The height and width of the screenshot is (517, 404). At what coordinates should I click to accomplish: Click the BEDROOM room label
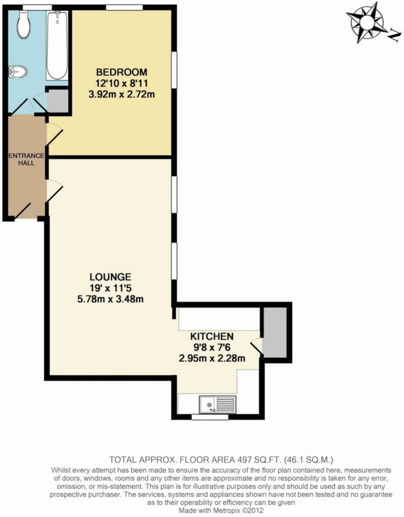(x=121, y=72)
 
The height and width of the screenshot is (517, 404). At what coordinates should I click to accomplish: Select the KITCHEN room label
(x=212, y=336)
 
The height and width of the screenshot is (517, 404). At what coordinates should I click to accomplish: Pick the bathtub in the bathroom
(x=56, y=46)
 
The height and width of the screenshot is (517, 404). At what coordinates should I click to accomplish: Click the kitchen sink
(x=217, y=405)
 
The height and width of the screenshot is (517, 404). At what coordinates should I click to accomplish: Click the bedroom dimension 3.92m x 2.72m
(x=121, y=94)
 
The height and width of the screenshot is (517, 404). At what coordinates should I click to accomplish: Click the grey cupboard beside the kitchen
(x=275, y=331)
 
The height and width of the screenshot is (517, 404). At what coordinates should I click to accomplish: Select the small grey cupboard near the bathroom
(x=56, y=100)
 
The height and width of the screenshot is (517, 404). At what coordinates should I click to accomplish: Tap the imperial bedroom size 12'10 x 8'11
(x=121, y=83)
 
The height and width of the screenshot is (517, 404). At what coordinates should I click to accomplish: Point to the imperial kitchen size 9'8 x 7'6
(x=212, y=348)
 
